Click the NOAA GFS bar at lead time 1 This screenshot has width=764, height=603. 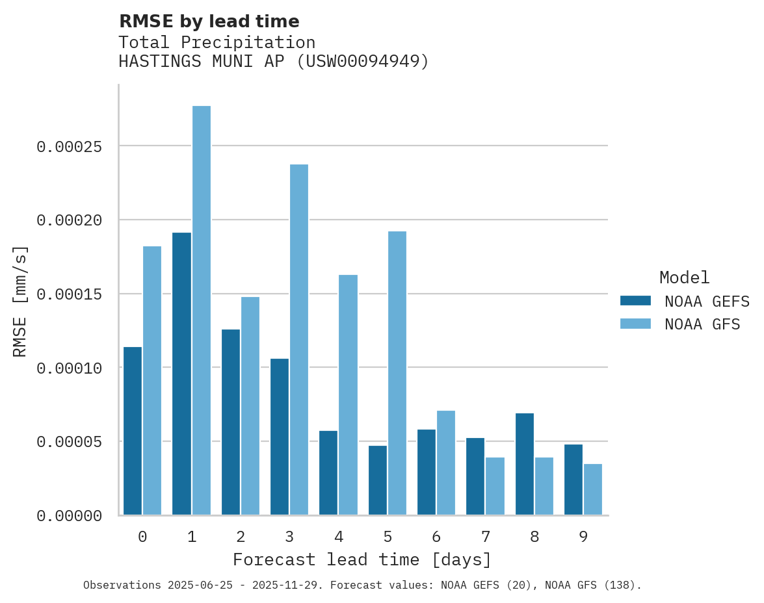tap(202, 311)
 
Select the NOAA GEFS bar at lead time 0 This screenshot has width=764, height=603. tap(133, 431)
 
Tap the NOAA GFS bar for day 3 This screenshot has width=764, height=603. tap(299, 340)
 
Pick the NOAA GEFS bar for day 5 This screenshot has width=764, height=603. tap(378, 480)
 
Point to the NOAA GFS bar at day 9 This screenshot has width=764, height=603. tap(593, 489)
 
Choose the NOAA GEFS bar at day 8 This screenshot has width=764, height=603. tap(525, 464)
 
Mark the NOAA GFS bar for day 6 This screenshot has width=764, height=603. tap(446, 463)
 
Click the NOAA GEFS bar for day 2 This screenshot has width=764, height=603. tap(231, 422)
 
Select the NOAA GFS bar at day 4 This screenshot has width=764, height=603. tap(349, 395)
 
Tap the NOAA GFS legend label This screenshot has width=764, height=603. tap(702, 324)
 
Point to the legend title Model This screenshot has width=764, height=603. tap(684, 277)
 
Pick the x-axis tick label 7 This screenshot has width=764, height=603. tap(486, 537)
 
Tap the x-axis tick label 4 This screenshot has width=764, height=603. tap(339, 537)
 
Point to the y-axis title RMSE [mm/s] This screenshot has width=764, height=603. tap(21, 301)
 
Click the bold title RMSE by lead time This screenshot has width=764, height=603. tap(209, 21)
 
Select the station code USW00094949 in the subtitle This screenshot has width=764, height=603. tap(363, 62)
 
